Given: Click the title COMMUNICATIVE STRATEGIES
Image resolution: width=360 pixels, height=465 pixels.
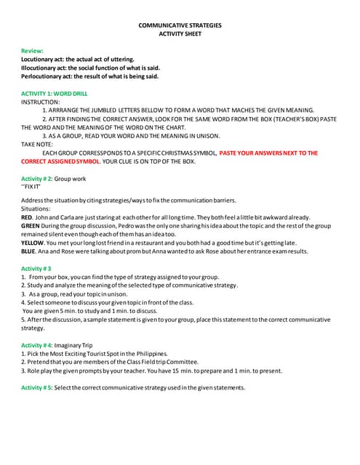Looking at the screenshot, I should coord(180,25).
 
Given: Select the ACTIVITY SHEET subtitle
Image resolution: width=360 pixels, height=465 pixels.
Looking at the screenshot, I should coord(180,34).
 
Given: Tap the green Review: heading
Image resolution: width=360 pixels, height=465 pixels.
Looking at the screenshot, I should coord(32,51).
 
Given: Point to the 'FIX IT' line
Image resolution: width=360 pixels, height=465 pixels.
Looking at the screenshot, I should coord(32,187).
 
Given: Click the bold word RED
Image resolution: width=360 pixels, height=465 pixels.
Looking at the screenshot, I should coord(27,217).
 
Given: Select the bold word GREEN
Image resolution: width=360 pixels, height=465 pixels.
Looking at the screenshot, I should coord(31,226).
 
